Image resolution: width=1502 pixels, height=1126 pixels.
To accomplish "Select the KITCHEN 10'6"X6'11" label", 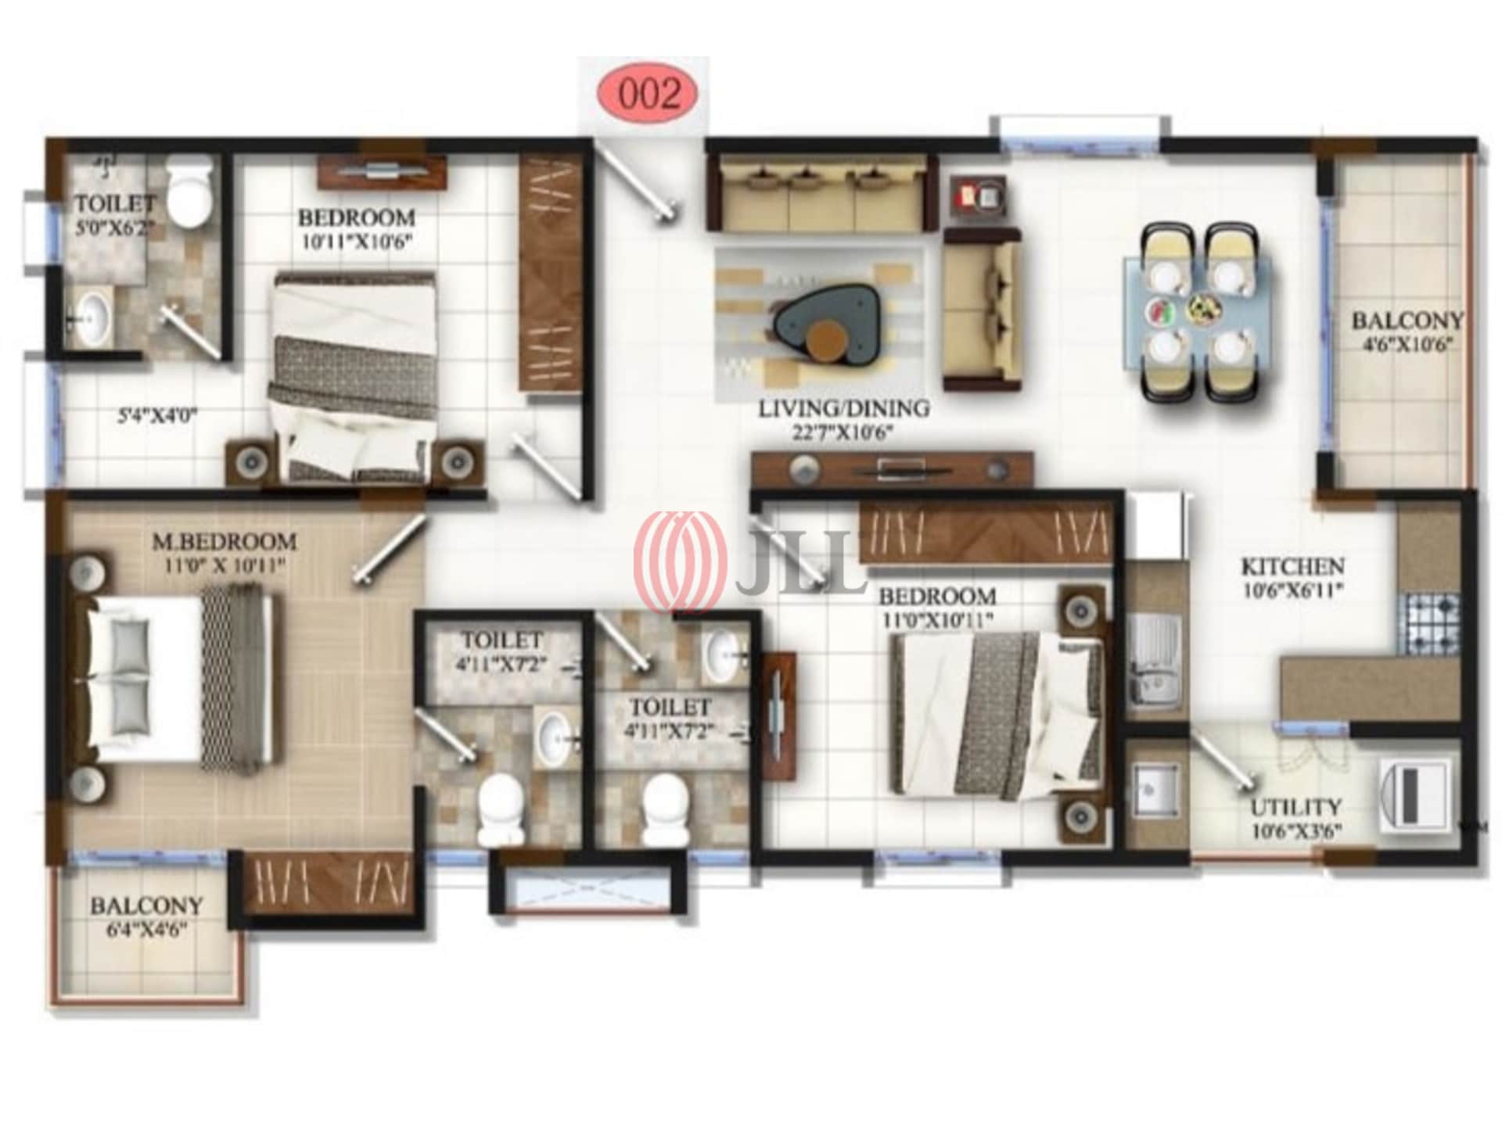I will [x=1292, y=576].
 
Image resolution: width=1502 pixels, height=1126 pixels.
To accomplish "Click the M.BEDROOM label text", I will [x=225, y=541].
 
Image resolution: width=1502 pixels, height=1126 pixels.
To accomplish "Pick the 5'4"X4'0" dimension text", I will [x=156, y=417].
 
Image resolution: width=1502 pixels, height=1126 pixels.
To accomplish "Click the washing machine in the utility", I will [x=1416, y=796].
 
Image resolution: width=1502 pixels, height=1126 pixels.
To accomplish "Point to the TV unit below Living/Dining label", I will [x=892, y=469].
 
